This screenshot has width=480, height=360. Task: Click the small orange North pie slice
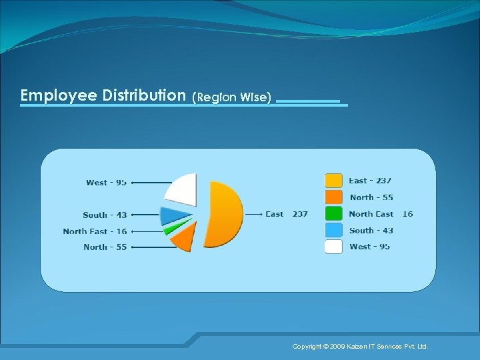[185, 237]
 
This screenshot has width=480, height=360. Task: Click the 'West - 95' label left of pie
[106, 183]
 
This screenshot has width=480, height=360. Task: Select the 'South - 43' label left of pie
[105, 215]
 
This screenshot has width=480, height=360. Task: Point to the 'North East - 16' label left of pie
[95, 231]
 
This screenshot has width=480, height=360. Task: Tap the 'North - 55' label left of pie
[105, 247]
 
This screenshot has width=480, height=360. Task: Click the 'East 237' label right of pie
[287, 214]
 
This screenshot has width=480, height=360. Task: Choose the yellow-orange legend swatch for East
[333, 181]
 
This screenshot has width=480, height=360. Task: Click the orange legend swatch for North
[333, 197]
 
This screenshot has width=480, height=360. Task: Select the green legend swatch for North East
[333, 214]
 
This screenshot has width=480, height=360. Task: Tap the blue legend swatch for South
[333, 230]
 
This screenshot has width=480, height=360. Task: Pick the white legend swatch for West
[333, 247]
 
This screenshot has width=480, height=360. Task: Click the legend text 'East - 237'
[370, 181]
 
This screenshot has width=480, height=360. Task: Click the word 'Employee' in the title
[59, 95]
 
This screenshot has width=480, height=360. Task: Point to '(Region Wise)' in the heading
[231, 97]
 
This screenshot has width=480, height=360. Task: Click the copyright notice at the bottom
[360, 347]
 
